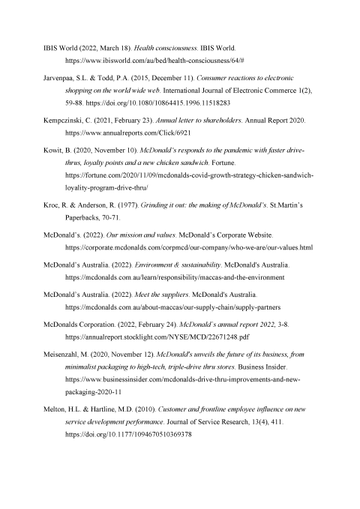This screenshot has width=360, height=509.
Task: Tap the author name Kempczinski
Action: point(67,120)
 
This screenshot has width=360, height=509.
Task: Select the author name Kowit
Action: point(53,151)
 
